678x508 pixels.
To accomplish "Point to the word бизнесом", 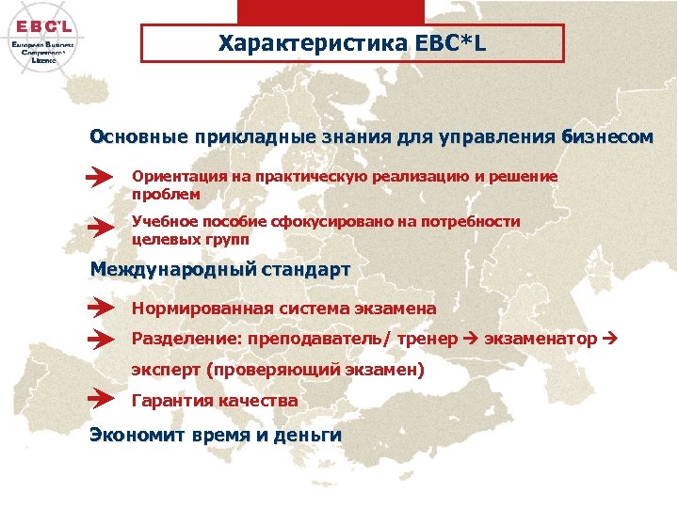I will pos(605,136).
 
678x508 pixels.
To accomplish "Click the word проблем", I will pos(166,194).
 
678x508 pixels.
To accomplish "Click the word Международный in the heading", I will pos(172,270).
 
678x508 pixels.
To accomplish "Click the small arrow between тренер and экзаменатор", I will pos(471,339).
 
